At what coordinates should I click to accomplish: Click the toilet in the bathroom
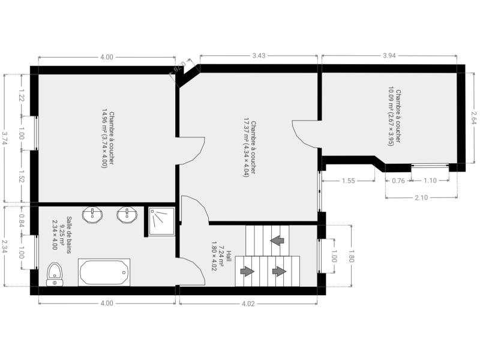(x=55, y=274)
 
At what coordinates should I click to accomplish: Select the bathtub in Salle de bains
(x=104, y=272)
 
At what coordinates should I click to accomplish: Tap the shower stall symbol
(x=161, y=221)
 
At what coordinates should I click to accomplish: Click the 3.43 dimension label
(x=259, y=55)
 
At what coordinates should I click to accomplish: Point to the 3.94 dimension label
(x=389, y=55)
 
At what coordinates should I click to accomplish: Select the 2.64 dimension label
(x=474, y=117)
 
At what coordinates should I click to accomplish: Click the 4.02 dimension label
(x=248, y=304)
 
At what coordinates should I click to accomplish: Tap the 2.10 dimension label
(x=421, y=198)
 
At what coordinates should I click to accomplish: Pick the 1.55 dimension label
(x=349, y=181)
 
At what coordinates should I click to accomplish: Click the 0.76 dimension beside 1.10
(x=398, y=181)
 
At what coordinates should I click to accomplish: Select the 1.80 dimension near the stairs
(x=351, y=256)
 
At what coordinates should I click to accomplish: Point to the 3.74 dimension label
(x=4, y=138)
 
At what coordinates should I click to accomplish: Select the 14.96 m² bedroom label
(x=108, y=139)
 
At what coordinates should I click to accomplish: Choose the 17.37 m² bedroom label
(x=250, y=148)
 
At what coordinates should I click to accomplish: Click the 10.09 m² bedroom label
(x=395, y=116)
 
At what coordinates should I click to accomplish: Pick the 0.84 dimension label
(x=22, y=220)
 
